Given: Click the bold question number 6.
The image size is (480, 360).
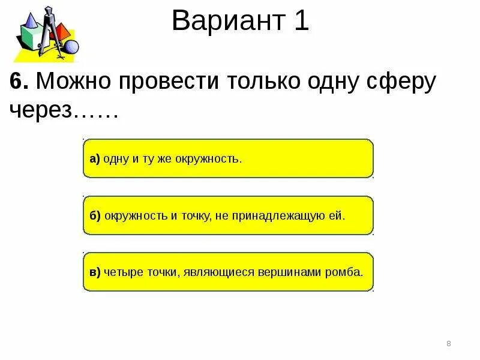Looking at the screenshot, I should pos(19,82).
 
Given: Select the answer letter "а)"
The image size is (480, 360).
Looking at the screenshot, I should pos(95,159).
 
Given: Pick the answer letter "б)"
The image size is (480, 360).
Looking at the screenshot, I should pos(95,215).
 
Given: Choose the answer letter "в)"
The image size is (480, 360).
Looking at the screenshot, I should pos(95,271).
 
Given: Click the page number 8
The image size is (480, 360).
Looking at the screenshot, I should pos(449,343).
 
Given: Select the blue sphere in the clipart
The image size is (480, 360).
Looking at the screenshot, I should pos(71,47).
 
